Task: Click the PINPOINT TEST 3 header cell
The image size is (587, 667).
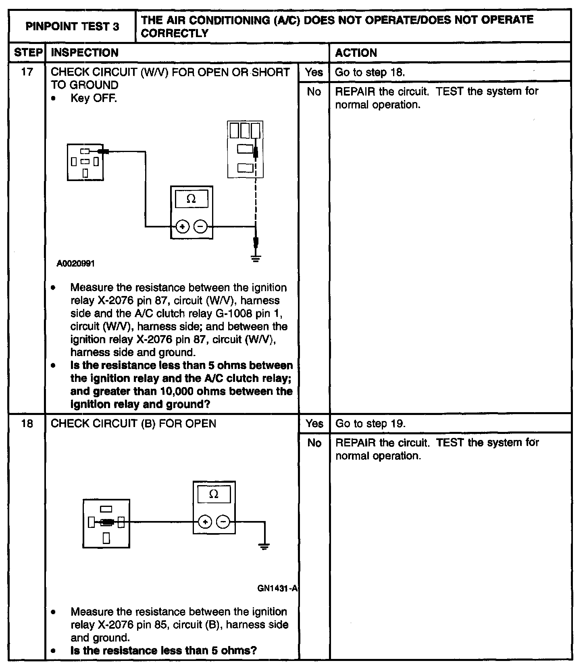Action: point(72,27)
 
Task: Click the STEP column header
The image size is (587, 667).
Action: point(28,53)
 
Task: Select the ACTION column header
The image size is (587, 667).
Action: point(356,53)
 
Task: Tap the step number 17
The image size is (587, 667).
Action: point(27,72)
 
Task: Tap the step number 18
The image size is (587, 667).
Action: point(27,423)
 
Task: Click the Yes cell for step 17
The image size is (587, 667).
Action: point(314,72)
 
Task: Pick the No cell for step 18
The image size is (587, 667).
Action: point(314,443)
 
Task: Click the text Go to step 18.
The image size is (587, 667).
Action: point(370,72)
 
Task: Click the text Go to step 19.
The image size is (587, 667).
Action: point(370,423)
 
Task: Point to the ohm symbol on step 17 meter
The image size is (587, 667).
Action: point(192,199)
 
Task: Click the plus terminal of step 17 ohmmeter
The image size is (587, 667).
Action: point(182,227)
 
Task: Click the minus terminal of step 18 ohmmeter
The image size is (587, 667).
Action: point(223,522)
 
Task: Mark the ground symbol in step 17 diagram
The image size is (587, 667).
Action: point(256,258)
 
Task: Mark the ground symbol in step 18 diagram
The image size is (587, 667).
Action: point(264,547)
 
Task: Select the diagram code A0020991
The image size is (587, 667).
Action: point(76,264)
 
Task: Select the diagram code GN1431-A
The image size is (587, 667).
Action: point(277,588)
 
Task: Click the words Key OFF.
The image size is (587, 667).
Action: point(94,98)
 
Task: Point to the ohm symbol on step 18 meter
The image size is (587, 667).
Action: point(214,494)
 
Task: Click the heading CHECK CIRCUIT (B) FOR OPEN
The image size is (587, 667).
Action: point(133,423)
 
